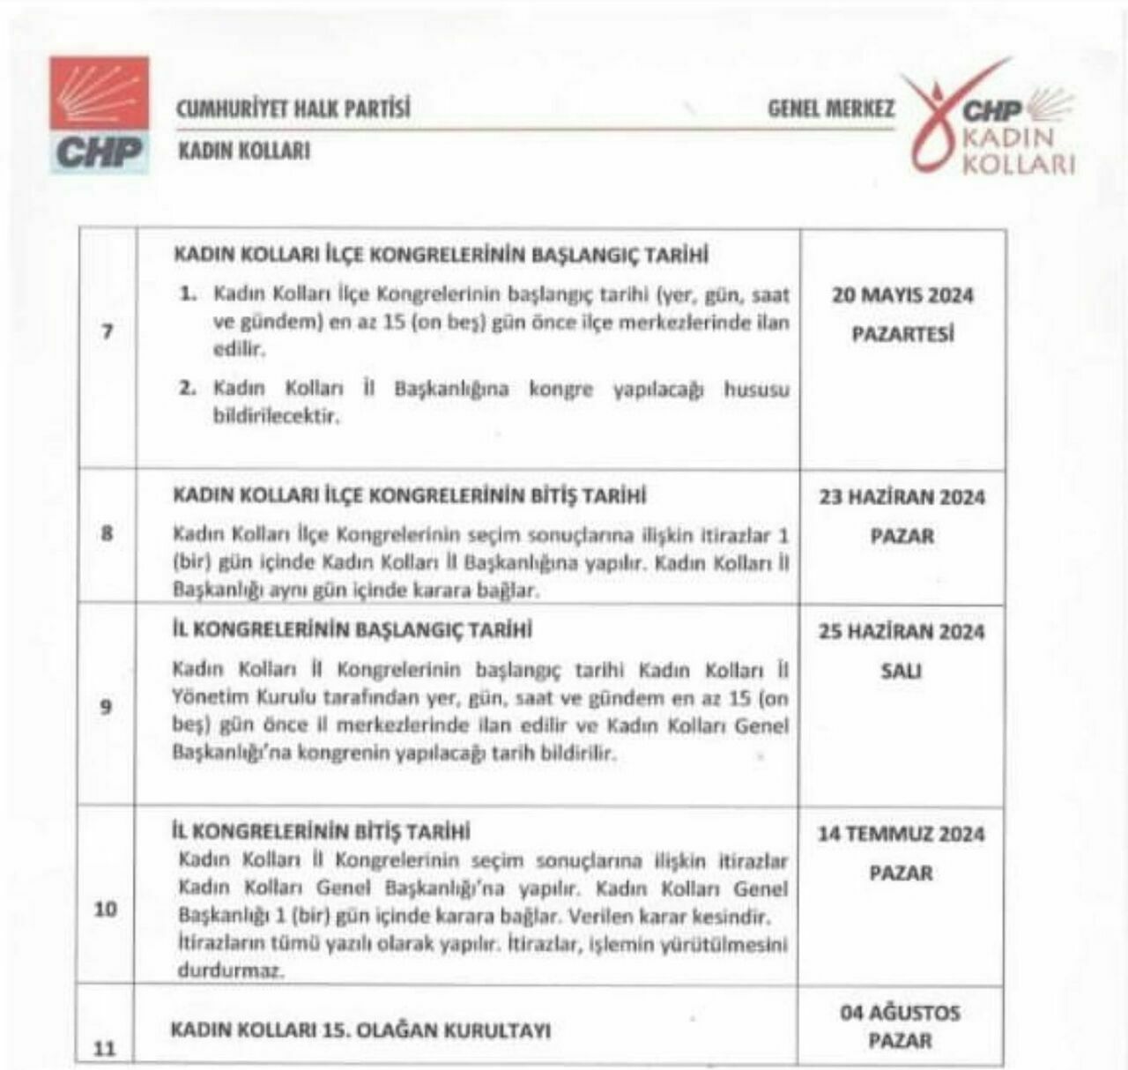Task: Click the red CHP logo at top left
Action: pos(99,115)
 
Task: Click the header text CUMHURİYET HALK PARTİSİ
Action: pos(293,109)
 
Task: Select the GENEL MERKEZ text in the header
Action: pos(831,109)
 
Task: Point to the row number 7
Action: pos(108,332)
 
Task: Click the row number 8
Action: pos(107,532)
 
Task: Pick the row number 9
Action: pos(107,706)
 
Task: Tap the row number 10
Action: pos(105,908)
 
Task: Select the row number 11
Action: pos(105,1049)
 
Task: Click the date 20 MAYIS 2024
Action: pos(902,295)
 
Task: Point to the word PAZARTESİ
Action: pos(902,335)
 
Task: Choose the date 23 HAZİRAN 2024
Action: pos(902,497)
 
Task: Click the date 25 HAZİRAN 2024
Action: pos(902,632)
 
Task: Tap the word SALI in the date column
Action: pos(901,672)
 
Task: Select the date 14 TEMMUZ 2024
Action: pos(901,834)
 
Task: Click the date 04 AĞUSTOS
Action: pos(900,1013)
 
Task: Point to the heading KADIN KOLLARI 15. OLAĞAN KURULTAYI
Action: pos(360,1029)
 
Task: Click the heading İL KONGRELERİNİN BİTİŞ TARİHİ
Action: pos(320,831)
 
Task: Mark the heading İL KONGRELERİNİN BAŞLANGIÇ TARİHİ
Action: pos(352,630)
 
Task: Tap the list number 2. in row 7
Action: pos(188,389)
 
